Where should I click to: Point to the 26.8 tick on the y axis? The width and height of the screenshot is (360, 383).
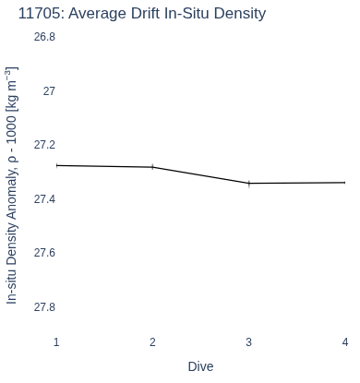click(44, 37)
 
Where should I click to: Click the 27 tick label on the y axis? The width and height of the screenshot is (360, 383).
click(49, 91)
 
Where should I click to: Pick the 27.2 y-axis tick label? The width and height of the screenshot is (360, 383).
click(44, 145)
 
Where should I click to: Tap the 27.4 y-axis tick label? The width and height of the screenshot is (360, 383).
click(44, 199)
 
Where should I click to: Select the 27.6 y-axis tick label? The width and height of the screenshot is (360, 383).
click(44, 253)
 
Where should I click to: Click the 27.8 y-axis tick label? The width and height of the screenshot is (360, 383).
click(44, 307)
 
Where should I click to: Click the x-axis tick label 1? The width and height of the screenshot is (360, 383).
click(56, 342)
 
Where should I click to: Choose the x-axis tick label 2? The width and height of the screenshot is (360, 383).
click(152, 342)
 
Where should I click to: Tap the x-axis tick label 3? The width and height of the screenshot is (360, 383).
click(249, 342)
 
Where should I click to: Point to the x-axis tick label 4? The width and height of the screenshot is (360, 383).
click(345, 342)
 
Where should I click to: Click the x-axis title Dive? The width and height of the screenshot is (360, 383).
click(200, 366)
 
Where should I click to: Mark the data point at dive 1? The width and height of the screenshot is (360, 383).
click(57, 165)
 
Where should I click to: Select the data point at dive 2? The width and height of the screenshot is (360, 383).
click(152, 167)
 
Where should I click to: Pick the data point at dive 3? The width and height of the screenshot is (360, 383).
click(249, 184)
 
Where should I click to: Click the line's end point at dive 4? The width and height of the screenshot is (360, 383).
click(344, 183)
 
